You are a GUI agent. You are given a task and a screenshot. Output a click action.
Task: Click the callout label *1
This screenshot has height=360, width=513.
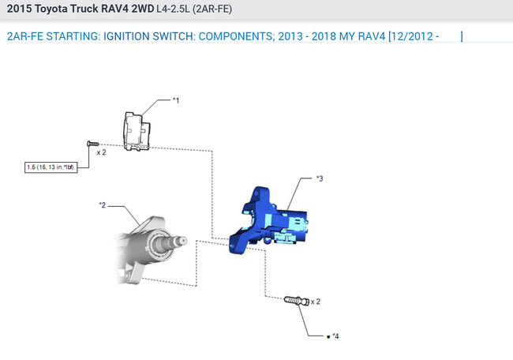(176, 100)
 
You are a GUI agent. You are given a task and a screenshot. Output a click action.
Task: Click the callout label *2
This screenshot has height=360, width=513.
(103, 205)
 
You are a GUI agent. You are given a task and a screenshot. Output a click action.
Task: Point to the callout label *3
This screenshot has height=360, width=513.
(320, 178)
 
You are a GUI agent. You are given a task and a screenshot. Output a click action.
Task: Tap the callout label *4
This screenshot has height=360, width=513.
(335, 336)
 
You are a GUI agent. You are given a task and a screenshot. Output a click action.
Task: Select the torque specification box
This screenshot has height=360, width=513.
(51, 167)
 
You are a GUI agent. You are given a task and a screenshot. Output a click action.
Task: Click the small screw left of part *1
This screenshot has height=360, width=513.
(93, 144)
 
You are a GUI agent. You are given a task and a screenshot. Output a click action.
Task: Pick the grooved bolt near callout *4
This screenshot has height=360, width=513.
(297, 301)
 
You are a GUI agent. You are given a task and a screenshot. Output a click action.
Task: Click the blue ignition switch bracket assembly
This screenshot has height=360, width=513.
(268, 220)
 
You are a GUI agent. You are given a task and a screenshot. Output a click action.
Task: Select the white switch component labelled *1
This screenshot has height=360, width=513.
(137, 132)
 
